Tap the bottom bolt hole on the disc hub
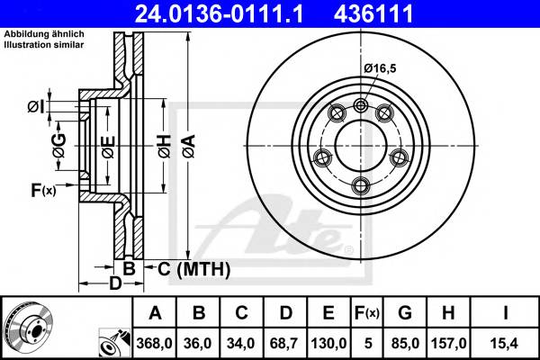click(x=362, y=185)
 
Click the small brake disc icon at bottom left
click(x=27, y=328)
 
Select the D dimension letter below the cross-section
click(x=114, y=284)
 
